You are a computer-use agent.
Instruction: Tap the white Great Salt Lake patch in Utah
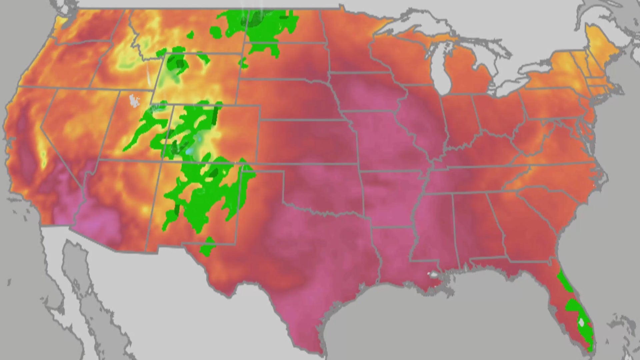134,100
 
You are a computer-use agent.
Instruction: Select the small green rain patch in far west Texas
207,247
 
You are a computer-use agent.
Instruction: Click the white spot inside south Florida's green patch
581,322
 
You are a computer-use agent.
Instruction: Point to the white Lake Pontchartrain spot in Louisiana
433,275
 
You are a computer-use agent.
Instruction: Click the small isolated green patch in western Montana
190,35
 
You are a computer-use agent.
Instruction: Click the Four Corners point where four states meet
162,160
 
